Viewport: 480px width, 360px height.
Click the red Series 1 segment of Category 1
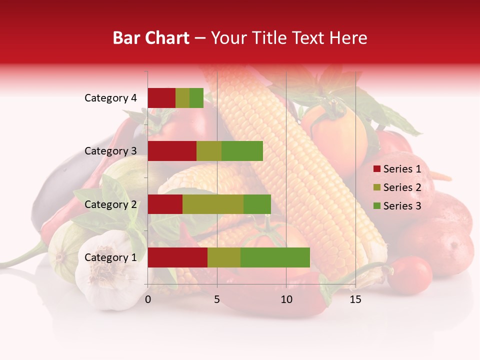(x=177, y=257)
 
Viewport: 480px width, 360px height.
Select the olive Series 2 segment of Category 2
(x=213, y=204)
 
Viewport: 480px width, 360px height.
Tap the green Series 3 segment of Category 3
(x=242, y=151)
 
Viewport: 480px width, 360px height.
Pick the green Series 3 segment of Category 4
(x=196, y=98)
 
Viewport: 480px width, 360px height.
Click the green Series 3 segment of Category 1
(x=275, y=257)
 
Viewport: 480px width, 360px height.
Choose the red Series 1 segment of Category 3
(x=172, y=151)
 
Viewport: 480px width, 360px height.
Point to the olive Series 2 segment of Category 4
(x=182, y=98)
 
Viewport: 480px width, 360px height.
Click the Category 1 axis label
(x=110, y=257)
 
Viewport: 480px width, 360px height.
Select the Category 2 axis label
(x=110, y=204)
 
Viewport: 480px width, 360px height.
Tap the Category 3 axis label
(x=110, y=151)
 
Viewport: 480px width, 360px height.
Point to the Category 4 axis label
(x=110, y=98)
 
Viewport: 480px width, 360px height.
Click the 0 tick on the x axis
(x=148, y=299)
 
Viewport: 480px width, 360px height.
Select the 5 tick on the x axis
(x=217, y=299)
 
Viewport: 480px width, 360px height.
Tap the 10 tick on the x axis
(x=286, y=299)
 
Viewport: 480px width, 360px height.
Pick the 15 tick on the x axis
(x=355, y=299)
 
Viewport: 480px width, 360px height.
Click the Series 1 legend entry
(x=397, y=169)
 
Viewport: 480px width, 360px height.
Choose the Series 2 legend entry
(x=397, y=187)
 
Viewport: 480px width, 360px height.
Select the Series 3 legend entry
(x=397, y=206)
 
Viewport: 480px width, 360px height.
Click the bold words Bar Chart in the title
(x=151, y=38)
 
